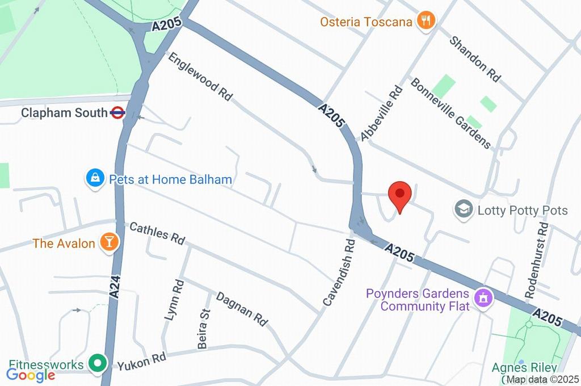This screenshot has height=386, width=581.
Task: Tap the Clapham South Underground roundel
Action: pos(118,112)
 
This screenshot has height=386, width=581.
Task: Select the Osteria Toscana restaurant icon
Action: pos(426,22)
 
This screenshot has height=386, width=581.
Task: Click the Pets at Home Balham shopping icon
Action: pos(94,179)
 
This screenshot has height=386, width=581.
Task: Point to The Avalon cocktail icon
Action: pos(108,243)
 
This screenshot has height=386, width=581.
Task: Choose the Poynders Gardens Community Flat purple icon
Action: pos(483,297)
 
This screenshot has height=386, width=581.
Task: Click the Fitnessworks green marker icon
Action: pos(98,363)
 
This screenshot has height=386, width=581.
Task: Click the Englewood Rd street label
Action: pos(200,77)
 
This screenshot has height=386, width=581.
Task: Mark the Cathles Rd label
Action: pos(157,233)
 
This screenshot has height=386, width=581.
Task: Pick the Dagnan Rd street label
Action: pos(242,309)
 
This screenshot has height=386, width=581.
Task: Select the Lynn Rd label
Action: pos(174,300)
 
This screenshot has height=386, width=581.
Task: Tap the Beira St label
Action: pos(203,320)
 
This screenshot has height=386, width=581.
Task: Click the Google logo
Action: pos(31,375)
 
